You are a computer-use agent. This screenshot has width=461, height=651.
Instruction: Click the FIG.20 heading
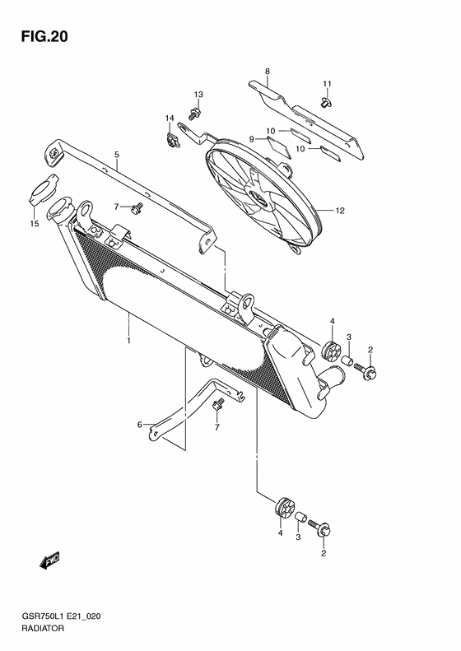tap(44, 37)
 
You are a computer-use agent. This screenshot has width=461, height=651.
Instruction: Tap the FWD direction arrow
tap(50, 560)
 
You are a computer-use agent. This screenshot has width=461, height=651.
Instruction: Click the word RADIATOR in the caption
tap(42, 628)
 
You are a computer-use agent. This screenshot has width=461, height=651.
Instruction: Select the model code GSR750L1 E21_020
tap(60, 616)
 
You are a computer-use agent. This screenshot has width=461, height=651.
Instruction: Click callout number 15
tap(34, 224)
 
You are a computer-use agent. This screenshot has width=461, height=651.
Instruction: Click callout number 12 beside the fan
tap(340, 211)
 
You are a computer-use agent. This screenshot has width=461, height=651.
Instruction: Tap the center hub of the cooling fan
tap(260, 198)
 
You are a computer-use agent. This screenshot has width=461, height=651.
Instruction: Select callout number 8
tap(267, 72)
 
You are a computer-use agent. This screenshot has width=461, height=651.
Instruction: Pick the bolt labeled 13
tap(195, 113)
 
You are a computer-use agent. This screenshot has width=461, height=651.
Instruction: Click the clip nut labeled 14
tap(172, 139)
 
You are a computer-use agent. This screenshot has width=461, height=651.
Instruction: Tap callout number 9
tap(252, 140)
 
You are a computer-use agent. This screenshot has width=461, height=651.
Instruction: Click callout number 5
tap(117, 155)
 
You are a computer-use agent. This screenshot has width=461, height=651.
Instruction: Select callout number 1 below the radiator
tap(128, 341)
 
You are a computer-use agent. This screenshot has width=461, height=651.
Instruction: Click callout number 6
tap(140, 425)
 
